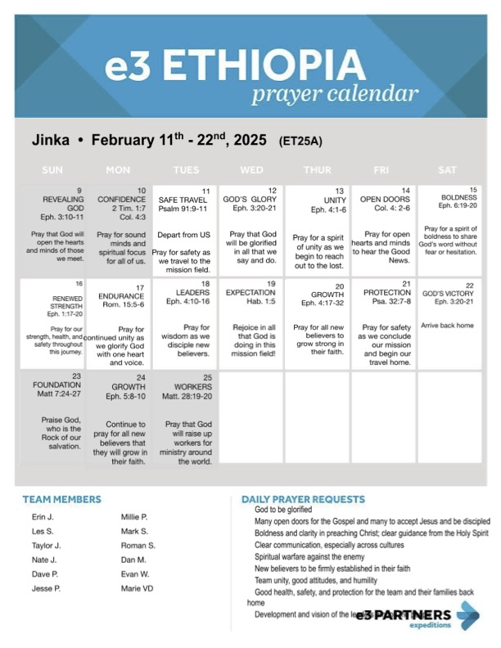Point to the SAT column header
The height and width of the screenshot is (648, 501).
448,170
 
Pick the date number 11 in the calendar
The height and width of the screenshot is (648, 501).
205,191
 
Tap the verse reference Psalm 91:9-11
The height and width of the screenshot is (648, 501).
185,209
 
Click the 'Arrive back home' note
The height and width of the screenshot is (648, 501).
447,326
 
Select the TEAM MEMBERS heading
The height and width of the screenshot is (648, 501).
62,499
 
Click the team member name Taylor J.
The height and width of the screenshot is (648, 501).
47,545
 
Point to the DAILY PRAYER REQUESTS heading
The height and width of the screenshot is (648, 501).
303,499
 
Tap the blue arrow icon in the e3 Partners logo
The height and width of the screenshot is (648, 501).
469,615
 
